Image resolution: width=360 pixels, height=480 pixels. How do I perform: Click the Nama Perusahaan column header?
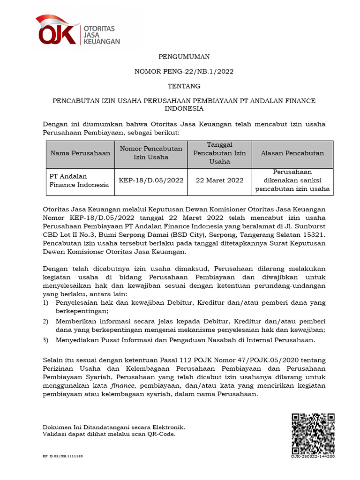click(x=80, y=153)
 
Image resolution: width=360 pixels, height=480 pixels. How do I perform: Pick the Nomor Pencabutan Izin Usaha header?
click(x=151, y=153)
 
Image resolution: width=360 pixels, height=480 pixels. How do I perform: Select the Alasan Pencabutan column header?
click(x=292, y=153)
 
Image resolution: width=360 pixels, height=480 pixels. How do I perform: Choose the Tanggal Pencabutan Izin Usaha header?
click(x=219, y=153)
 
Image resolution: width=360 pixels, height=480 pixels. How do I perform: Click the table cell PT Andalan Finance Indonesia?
click(x=79, y=180)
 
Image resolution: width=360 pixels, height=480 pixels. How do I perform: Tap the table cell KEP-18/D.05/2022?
click(x=151, y=180)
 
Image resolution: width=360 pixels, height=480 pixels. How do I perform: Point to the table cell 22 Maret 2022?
click(x=219, y=180)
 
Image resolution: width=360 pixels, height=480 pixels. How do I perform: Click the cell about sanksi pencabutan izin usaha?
click(x=292, y=180)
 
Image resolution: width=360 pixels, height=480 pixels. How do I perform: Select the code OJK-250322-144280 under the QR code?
click(x=313, y=456)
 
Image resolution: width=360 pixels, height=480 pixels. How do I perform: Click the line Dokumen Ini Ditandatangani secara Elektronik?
click(x=113, y=427)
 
